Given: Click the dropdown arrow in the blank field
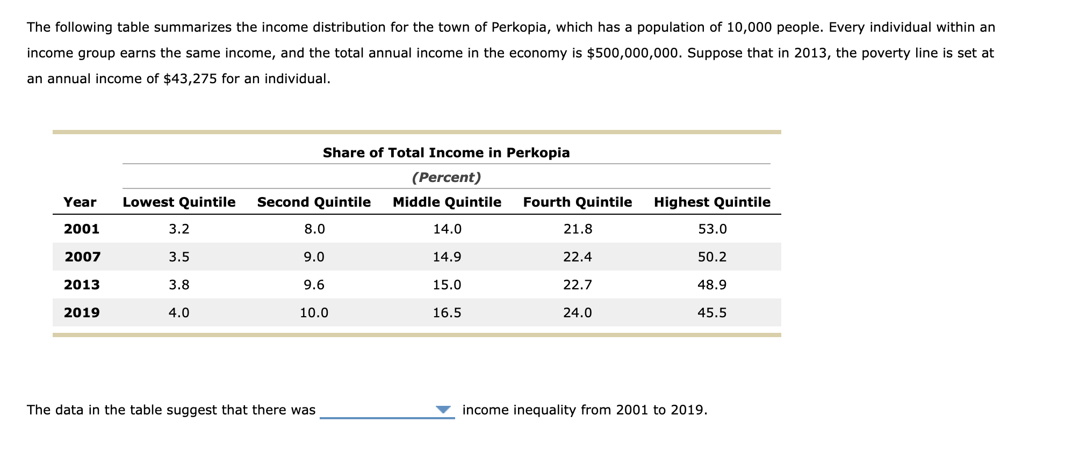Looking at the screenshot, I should click(x=443, y=410).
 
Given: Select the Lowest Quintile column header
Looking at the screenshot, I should click(x=179, y=202).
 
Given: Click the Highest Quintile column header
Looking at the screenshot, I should click(x=712, y=202).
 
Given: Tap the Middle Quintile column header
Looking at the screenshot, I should click(x=447, y=202).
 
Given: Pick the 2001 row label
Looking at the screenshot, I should click(x=82, y=229).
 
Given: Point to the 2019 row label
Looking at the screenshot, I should click(x=82, y=313).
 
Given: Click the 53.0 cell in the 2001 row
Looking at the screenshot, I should click(x=712, y=229).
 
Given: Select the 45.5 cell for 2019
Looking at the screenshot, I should click(x=712, y=313).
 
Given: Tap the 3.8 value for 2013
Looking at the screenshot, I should click(x=179, y=285).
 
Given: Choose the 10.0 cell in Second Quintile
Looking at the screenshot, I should click(x=314, y=313).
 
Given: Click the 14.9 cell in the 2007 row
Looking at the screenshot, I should click(x=447, y=257).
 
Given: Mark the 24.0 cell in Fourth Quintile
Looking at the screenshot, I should click(x=577, y=313).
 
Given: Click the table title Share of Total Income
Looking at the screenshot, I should click(x=446, y=153).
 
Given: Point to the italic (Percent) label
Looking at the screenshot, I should click(x=446, y=178).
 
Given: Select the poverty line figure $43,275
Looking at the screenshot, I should click(x=190, y=79).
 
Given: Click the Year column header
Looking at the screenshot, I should click(x=80, y=202).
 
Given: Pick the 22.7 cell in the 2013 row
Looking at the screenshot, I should click(x=577, y=285).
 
